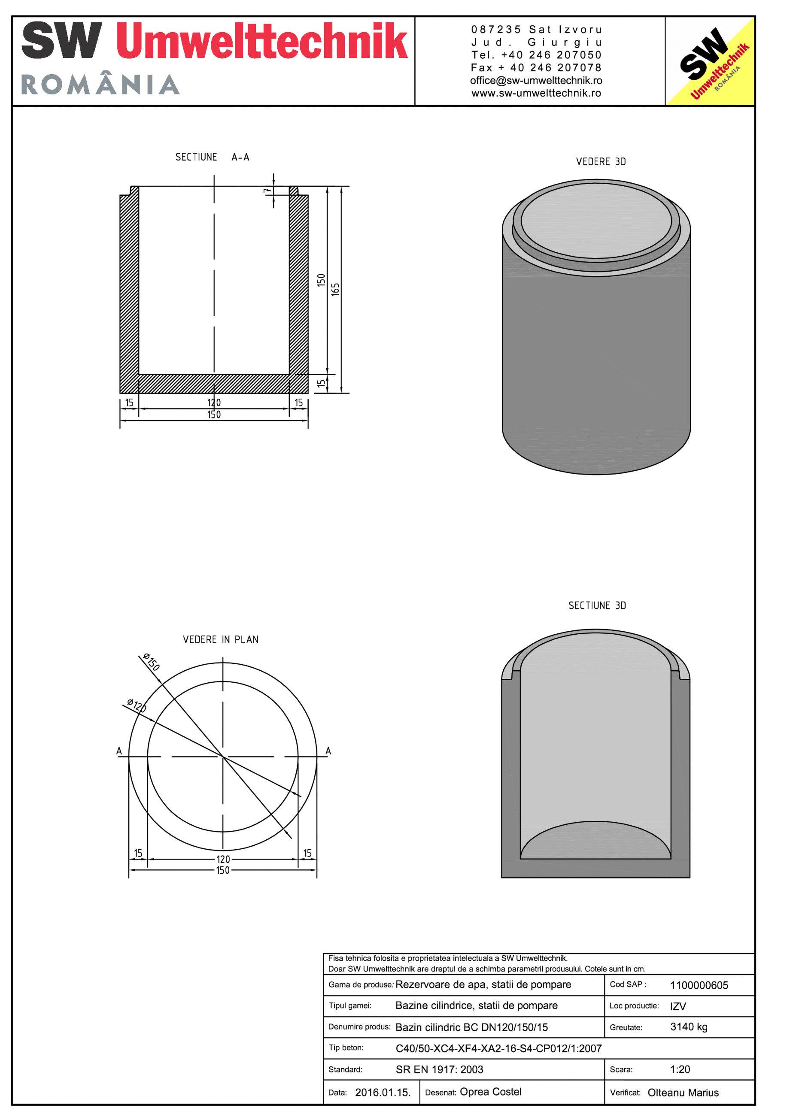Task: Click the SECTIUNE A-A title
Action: pos(212,157)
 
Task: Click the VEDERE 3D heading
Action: pos(601,161)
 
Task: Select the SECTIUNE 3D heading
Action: pos(597,605)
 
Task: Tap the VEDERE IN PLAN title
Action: pos(221,639)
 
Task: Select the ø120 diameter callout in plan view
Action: pos(136,705)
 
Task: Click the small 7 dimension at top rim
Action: pos(267,192)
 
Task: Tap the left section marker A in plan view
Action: pos(119,751)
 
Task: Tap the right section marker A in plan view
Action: pos(328,751)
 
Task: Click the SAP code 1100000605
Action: pos(699,985)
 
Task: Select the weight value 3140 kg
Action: pos(688,1026)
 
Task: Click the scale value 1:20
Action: pos(680,1069)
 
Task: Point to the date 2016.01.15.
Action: pos(383,1092)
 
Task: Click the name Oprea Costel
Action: pos(490,1092)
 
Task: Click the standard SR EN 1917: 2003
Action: pos(439,1069)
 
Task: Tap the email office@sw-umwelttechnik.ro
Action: pos(536,80)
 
